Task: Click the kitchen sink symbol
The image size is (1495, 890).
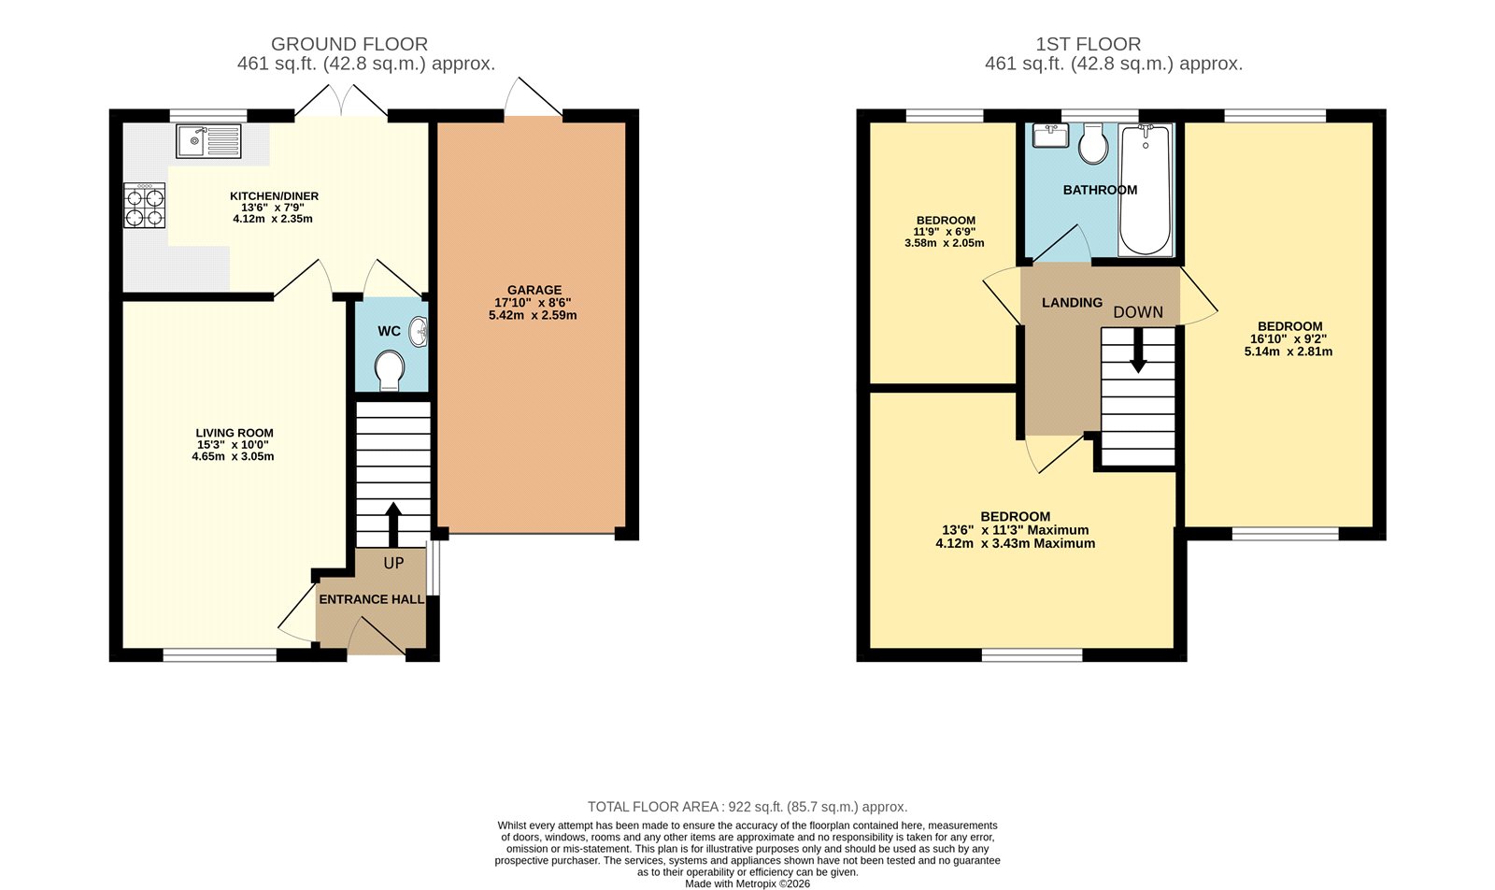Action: (x=208, y=142)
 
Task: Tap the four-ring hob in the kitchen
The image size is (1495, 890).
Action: (x=144, y=206)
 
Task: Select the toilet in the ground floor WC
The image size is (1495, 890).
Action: (x=389, y=370)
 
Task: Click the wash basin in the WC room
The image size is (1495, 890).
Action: (x=420, y=332)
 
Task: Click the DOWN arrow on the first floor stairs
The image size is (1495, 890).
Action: (x=1138, y=352)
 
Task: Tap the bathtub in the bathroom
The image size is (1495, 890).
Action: (x=1146, y=190)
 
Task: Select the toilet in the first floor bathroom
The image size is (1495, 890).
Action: (x=1093, y=144)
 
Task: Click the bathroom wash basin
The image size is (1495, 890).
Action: (x=1051, y=136)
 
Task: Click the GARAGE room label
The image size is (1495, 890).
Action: (x=534, y=290)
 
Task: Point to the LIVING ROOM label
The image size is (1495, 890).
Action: (x=235, y=433)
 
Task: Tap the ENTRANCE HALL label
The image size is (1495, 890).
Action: (x=372, y=599)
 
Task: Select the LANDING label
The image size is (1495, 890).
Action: (x=1072, y=303)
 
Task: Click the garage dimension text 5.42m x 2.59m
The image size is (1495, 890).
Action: (x=533, y=316)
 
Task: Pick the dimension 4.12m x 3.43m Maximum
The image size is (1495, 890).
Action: (x=1015, y=543)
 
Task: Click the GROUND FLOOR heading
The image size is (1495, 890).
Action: (x=349, y=44)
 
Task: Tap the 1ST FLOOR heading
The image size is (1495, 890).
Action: (x=1088, y=44)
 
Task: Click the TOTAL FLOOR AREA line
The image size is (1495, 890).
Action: (x=747, y=807)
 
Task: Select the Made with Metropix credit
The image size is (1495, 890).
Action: (x=747, y=883)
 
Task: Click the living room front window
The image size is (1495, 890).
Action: (x=220, y=655)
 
